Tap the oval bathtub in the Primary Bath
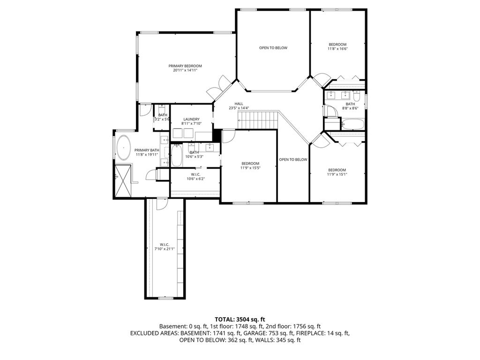coord(123,148)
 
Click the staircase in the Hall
coord(258,120)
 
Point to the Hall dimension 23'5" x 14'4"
coord(239,108)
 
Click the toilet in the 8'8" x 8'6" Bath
coord(357,96)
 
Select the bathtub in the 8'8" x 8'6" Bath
coord(353,124)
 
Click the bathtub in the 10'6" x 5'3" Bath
coord(177,155)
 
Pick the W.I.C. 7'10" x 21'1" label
coord(165,247)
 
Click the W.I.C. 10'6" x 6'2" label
coord(195,177)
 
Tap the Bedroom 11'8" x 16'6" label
coord(337,46)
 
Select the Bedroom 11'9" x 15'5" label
coord(250,165)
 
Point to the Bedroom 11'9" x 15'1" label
coord(337,172)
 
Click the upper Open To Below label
coord(273,48)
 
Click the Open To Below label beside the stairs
coord(293,159)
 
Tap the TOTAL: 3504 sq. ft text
coord(240,320)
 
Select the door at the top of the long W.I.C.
coord(162,204)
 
